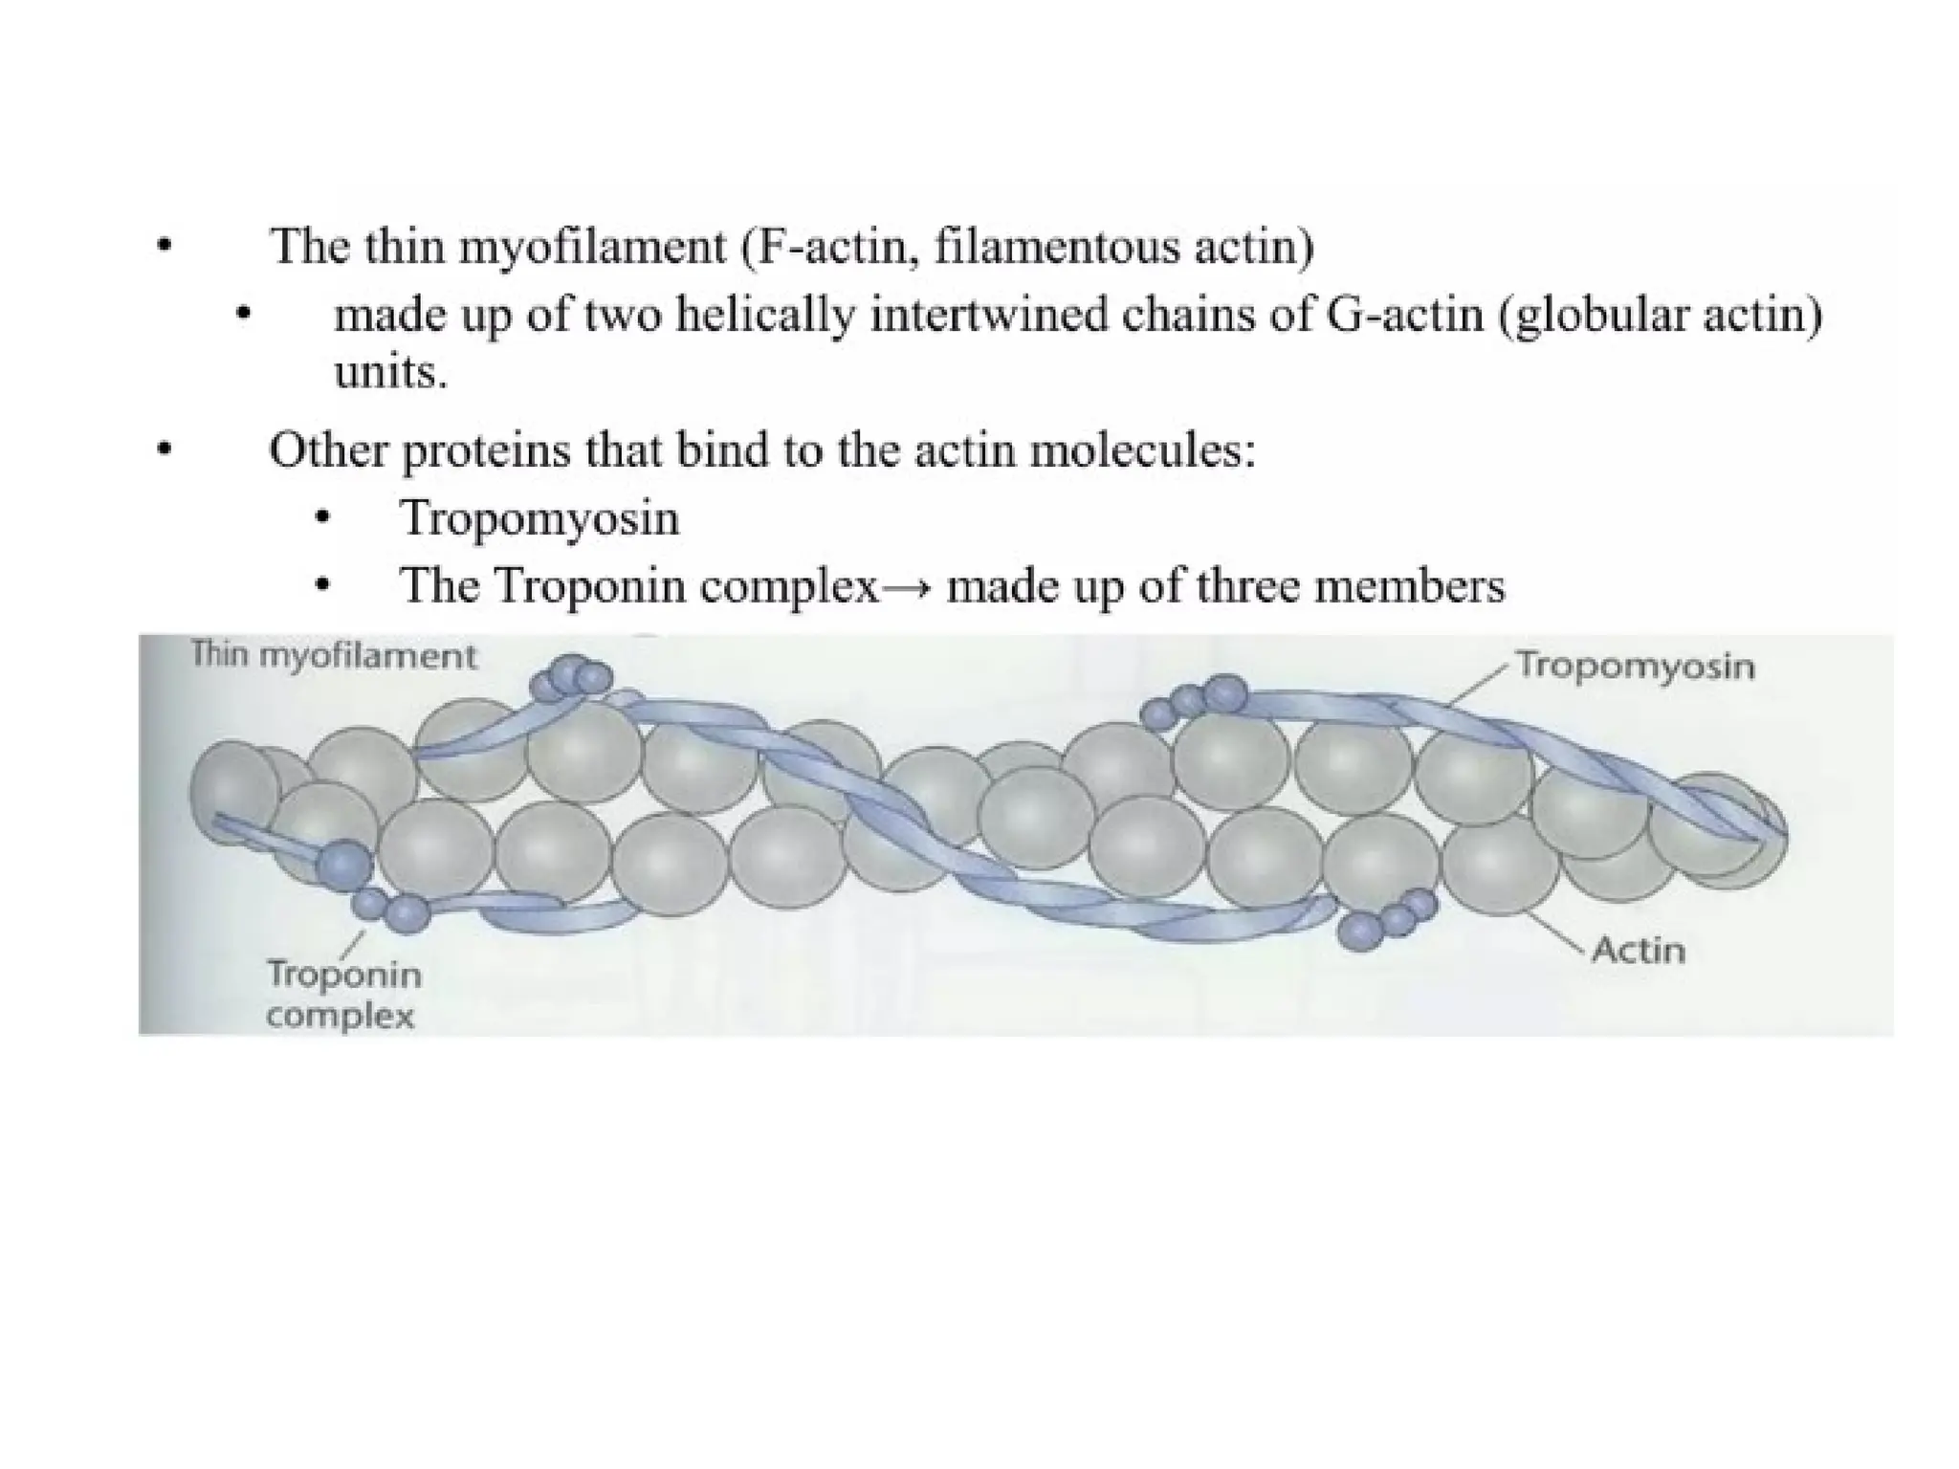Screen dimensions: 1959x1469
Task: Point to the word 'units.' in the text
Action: point(390,372)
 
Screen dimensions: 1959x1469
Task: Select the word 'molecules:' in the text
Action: point(1142,449)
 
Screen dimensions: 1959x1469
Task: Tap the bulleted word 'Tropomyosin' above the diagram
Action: point(539,518)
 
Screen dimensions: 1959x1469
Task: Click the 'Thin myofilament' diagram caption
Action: point(334,656)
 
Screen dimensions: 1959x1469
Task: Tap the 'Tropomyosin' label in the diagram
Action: point(1635,666)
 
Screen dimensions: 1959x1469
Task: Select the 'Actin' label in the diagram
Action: point(1638,950)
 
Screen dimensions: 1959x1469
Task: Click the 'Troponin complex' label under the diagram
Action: point(342,995)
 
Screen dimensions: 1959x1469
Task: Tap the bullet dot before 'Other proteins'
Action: point(165,449)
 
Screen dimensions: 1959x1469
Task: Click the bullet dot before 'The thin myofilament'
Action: point(165,247)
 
